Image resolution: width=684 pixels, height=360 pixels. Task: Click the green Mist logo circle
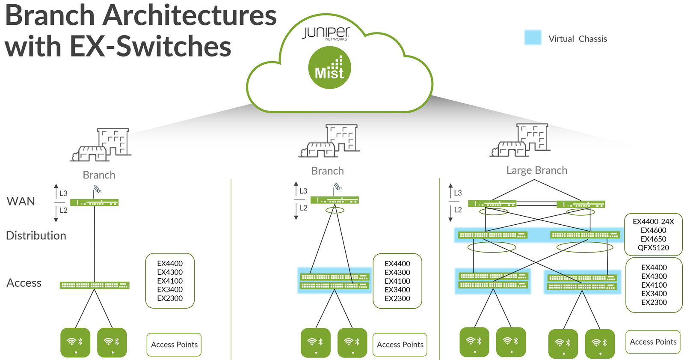329,68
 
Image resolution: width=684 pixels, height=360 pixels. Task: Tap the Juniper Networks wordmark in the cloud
326,33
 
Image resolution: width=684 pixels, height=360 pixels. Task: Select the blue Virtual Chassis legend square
533,38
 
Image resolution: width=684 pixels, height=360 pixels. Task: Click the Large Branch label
536,170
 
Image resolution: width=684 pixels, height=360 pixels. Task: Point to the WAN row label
21,201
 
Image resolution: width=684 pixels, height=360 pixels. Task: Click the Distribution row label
36,235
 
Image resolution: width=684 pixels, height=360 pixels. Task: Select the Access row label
24,283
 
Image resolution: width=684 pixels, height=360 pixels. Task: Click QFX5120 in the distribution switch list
653,247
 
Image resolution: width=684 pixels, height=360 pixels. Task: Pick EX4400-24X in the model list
653,221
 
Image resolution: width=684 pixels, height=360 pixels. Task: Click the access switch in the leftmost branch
95,285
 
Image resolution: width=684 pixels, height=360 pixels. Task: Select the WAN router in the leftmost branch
95,202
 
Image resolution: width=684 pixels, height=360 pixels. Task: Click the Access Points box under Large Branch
653,342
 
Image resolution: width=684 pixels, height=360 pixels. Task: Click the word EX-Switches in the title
150,46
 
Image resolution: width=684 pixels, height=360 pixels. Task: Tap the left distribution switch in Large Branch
492,235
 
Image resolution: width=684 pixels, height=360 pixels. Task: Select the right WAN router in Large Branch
580,204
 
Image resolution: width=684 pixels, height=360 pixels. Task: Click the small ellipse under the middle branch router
335,210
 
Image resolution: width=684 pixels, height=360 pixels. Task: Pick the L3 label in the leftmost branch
63,193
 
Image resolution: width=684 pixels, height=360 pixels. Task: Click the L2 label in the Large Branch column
458,210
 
